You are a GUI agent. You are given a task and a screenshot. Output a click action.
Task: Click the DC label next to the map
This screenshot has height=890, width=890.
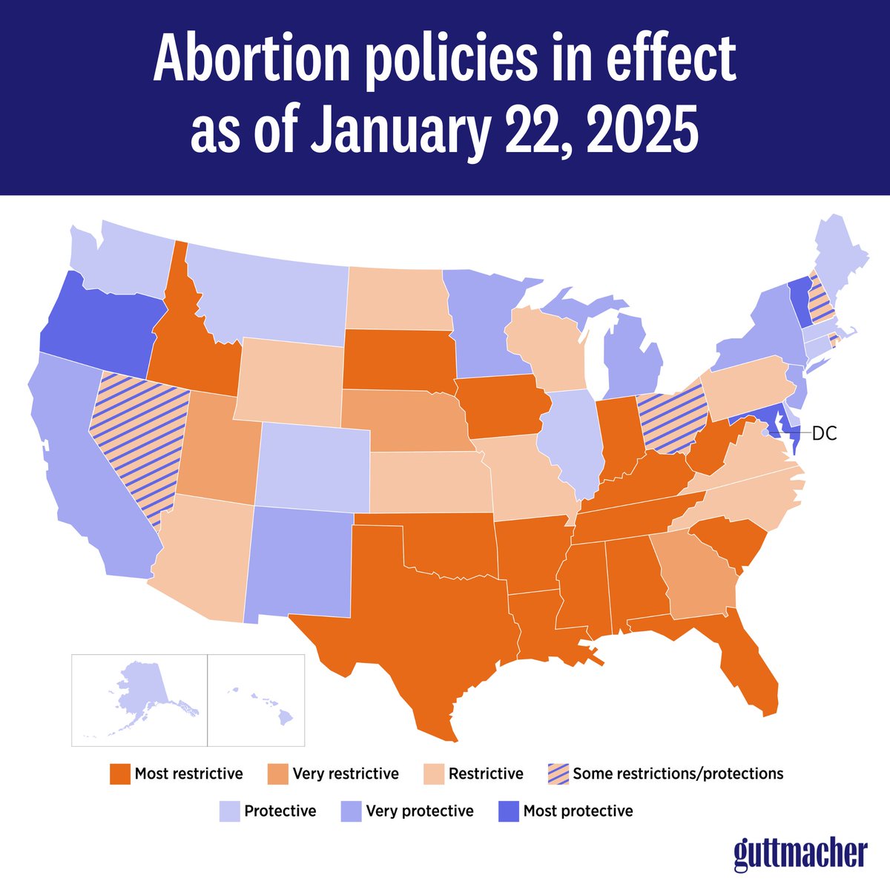824,434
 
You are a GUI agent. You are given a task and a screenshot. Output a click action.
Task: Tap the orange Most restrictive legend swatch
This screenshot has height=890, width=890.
119,774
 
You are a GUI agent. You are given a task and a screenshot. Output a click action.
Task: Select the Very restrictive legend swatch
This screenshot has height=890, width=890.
277,774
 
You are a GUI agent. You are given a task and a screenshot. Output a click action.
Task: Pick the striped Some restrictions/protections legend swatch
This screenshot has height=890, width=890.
557,774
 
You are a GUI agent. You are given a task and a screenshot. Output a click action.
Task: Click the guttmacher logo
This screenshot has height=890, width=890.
800,854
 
